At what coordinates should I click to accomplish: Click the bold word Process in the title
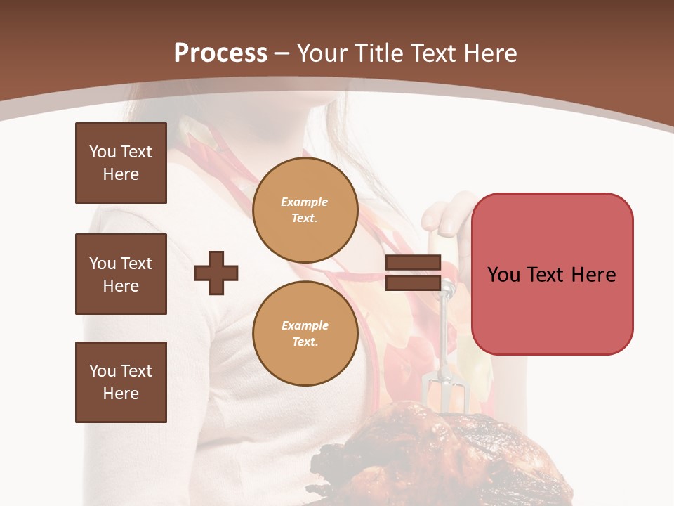coord(220,53)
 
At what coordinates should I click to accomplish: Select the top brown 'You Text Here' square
coord(121,163)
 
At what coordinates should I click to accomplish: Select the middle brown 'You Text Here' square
coord(121,274)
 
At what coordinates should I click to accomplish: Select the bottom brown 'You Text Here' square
coord(121,382)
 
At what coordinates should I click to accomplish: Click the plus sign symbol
coord(216,273)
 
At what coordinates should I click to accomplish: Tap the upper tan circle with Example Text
coord(305,210)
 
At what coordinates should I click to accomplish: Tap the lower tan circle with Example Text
coord(305,334)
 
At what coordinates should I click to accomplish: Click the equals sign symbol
coord(413,273)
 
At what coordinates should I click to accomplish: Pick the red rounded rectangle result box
coord(552,274)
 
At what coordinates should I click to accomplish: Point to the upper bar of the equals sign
coord(413,262)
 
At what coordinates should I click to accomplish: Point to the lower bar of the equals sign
coord(413,283)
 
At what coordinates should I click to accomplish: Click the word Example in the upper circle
coord(305,202)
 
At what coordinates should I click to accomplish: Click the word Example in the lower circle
coord(305,325)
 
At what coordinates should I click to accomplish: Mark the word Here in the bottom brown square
coord(121,394)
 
